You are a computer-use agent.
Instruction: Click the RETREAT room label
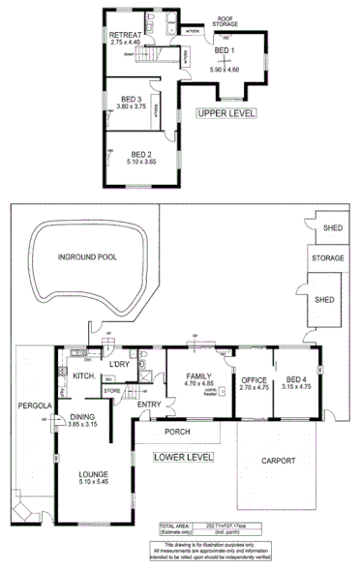[x=126, y=34]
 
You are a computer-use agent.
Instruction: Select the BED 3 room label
[x=133, y=99]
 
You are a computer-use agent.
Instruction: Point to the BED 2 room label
[x=142, y=154]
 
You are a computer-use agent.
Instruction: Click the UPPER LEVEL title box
[x=225, y=113]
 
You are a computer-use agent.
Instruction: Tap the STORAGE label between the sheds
[x=327, y=259]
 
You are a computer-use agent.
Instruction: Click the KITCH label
[x=83, y=375]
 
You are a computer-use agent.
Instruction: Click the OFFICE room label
[x=254, y=379]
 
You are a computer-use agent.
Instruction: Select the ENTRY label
[x=149, y=405]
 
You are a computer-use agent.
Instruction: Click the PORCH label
[x=177, y=431]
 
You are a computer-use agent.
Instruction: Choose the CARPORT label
[x=278, y=461]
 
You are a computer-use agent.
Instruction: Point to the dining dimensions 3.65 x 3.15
[x=83, y=424]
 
